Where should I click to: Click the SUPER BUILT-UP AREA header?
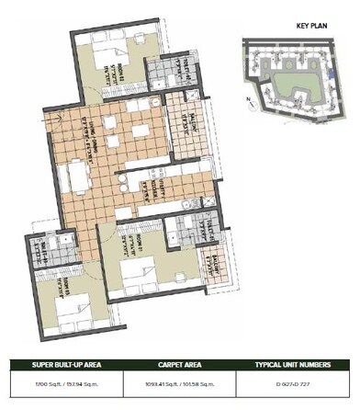click(60, 365)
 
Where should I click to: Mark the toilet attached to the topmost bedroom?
click(165, 71)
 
